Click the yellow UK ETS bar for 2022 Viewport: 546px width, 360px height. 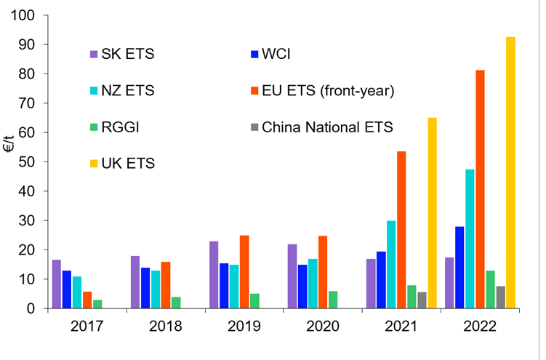point(510,172)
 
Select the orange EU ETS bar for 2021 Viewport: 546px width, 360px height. point(401,230)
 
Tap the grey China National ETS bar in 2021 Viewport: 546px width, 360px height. point(422,300)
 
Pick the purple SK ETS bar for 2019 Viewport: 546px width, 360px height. point(214,275)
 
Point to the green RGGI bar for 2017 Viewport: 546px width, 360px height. point(97,304)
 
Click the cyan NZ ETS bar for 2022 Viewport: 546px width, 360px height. point(470,239)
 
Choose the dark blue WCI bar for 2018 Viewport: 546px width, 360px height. point(145,288)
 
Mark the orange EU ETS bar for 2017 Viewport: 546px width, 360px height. point(87,300)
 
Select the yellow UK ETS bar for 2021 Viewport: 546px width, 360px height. point(432,213)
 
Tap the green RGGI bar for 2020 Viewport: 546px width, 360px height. point(333,300)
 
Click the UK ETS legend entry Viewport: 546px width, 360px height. point(122,164)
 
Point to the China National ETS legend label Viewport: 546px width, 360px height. point(327,127)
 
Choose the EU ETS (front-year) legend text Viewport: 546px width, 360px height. point(328,91)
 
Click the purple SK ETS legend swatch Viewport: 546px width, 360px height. point(94,55)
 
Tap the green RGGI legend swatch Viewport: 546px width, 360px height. point(94,127)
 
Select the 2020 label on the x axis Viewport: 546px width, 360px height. point(323,327)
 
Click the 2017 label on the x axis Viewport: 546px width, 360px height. point(87,327)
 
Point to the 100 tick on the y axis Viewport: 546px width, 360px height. point(23,15)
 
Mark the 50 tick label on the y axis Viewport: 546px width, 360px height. point(26,162)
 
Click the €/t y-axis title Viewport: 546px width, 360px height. point(9,143)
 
